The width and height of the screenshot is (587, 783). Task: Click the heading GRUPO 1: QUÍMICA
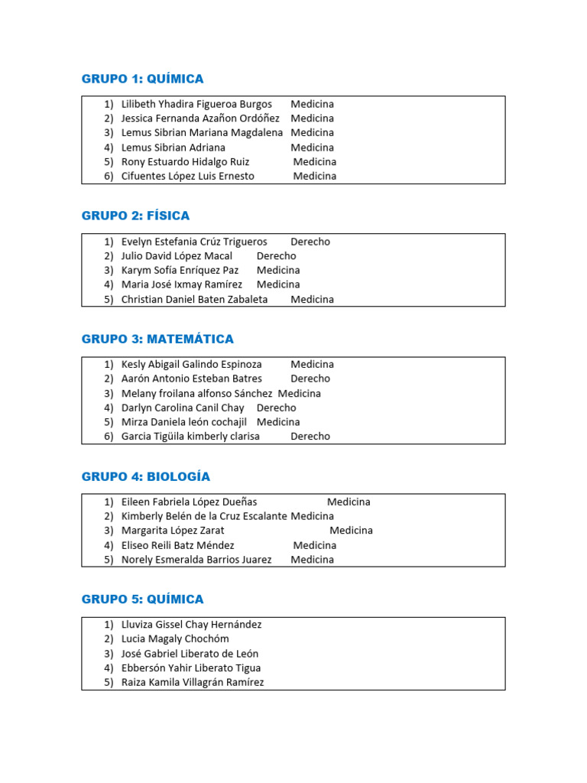click(143, 79)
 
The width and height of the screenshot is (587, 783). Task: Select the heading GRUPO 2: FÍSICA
click(135, 216)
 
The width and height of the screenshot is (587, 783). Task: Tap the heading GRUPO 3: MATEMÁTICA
click(157, 339)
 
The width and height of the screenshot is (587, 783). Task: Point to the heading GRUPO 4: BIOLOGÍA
click(146, 476)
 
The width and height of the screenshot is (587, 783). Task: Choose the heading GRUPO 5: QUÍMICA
click(143, 599)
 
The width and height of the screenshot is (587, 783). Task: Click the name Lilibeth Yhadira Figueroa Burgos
click(196, 104)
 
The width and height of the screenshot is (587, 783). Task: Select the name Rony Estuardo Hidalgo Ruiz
click(186, 161)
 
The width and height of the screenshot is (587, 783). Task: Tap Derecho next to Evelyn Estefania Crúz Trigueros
click(310, 242)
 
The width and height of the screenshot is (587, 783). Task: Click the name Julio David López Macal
click(177, 256)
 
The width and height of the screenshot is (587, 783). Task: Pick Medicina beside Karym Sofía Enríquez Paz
click(278, 270)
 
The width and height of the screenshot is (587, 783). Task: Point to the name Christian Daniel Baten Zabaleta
click(194, 299)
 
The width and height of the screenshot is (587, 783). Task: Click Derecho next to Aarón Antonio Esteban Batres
click(310, 379)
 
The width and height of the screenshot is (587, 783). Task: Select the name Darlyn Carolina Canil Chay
click(183, 408)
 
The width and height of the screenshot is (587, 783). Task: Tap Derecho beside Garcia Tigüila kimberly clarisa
click(310, 437)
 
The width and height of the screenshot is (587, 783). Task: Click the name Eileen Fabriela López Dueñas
click(189, 502)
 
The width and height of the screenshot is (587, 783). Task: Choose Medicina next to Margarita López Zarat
click(352, 530)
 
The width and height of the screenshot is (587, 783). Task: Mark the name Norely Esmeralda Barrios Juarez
click(196, 559)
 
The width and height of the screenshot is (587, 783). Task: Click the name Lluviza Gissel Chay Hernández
click(191, 625)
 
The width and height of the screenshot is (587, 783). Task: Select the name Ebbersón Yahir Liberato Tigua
click(190, 668)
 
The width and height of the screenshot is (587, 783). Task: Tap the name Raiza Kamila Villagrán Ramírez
click(193, 682)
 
